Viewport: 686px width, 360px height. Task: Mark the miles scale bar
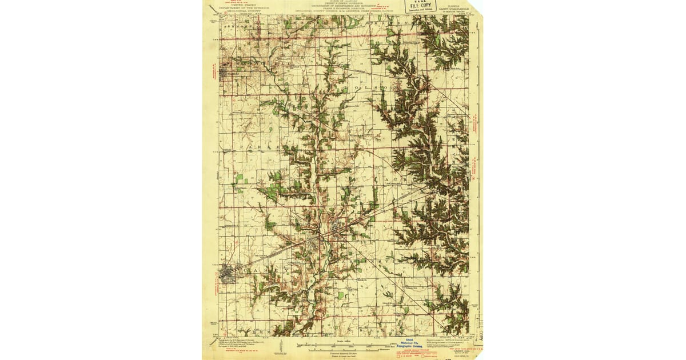tap(343, 345)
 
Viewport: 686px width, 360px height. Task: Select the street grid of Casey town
tap(229, 275)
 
